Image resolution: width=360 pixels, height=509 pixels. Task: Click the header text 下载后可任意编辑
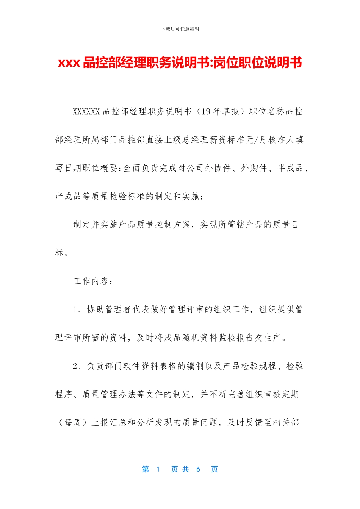point(180,29)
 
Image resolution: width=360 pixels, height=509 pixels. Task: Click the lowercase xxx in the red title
point(69,62)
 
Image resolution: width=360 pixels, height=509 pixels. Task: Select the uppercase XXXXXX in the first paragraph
point(86,111)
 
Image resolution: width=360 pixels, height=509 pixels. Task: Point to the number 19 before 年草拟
point(206,111)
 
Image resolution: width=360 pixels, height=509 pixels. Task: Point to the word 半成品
point(290,168)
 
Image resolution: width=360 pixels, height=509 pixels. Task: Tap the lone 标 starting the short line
point(59,253)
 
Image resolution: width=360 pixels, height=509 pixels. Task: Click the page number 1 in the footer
point(158,469)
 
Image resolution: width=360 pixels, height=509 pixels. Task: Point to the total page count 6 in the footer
point(198,469)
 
